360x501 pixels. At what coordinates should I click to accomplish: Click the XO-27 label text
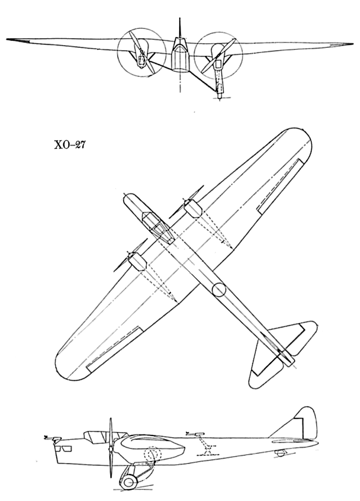(x=70, y=145)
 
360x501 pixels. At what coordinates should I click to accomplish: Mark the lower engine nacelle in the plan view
(x=138, y=262)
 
